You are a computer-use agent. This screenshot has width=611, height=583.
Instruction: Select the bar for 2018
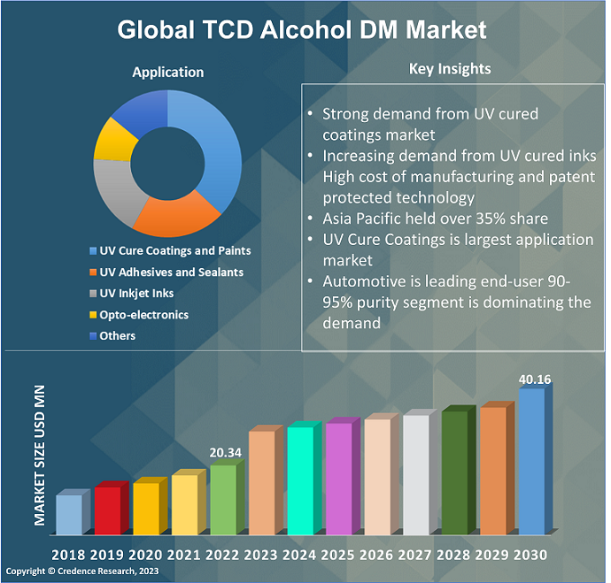click(68, 515)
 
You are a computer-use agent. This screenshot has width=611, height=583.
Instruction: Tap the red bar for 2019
click(107, 510)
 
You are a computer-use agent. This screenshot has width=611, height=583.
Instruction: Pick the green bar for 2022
click(222, 500)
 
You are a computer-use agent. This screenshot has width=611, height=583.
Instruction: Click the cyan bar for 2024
click(299, 480)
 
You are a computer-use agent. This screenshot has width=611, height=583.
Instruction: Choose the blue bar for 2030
click(530, 462)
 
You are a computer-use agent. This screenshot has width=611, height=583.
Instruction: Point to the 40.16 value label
click(535, 380)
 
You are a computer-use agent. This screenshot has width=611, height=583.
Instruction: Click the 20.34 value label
click(226, 452)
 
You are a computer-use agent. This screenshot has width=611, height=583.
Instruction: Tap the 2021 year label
click(183, 555)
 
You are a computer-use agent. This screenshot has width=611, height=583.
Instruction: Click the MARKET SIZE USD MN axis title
click(40, 456)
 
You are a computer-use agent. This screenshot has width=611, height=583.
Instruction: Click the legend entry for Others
click(118, 336)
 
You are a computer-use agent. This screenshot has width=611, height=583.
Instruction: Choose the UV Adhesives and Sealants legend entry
click(172, 272)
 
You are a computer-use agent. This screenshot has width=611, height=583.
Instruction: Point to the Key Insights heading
click(450, 69)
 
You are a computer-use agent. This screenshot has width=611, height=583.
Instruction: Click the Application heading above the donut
click(168, 73)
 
